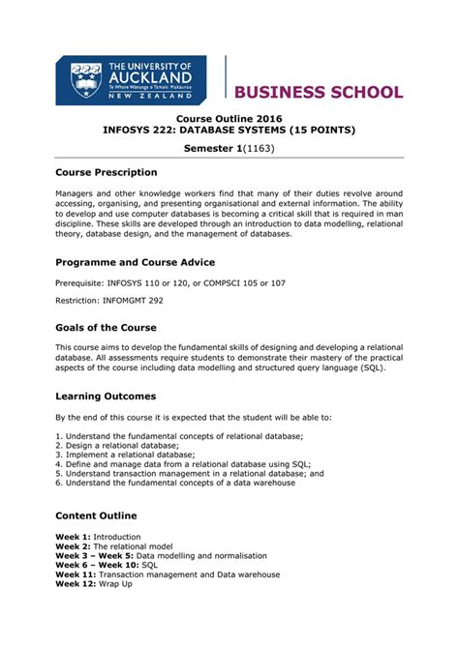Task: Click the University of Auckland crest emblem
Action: click(86, 81)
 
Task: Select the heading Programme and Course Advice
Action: click(135, 262)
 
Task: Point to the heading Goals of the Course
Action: click(106, 327)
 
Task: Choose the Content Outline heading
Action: click(96, 515)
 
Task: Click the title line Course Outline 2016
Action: click(229, 116)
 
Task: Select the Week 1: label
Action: click(73, 537)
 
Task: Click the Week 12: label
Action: click(75, 584)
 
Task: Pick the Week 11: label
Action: click(75, 574)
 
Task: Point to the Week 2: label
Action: click(73, 546)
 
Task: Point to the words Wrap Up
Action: click(114, 584)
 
